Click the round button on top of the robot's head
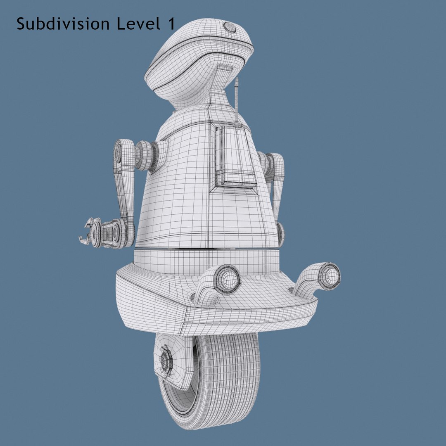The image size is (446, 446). click(230, 28)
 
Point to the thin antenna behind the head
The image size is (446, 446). click(237, 99)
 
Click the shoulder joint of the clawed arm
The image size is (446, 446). click(145, 156)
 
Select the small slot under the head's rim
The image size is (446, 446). click(225, 67)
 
